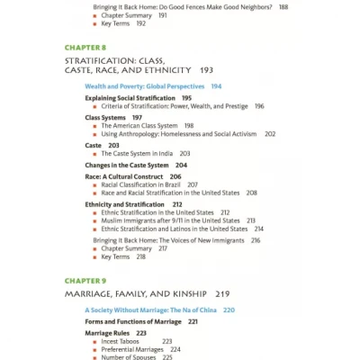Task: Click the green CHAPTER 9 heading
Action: coord(85,278)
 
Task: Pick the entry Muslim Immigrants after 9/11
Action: coord(170,220)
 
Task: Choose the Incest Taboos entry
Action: coord(122,341)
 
